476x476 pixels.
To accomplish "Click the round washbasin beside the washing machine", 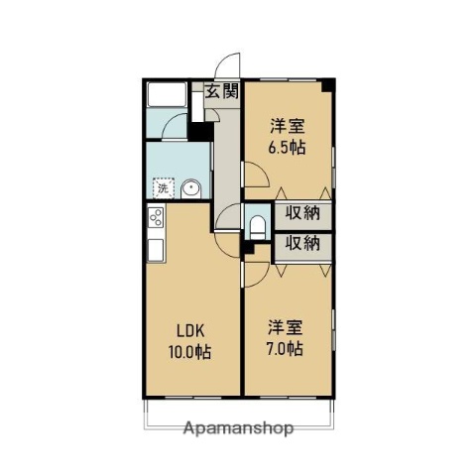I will tap(190, 188).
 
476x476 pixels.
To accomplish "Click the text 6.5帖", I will tap(288, 147).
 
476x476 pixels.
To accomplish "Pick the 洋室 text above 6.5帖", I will tap(288, 126).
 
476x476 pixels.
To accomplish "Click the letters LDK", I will tap(191, 331).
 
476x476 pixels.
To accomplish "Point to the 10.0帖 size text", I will tap(191, 352).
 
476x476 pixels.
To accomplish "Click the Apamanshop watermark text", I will tap(238, 428).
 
